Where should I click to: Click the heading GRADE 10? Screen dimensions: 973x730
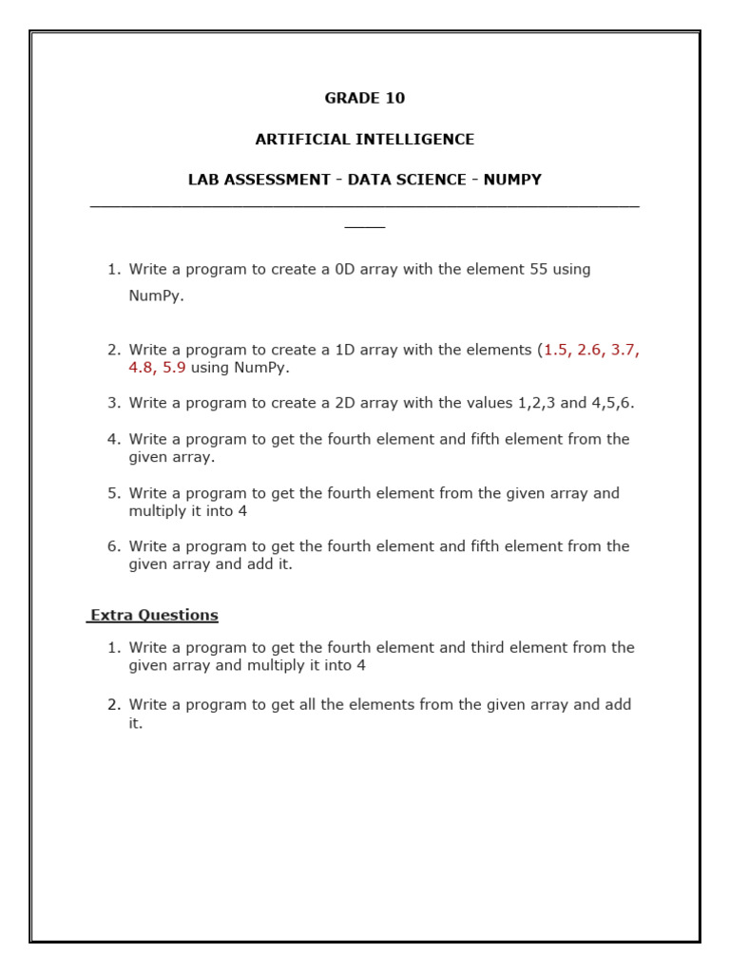coord(365,98)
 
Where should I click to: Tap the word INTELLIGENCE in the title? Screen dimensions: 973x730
coord(418,139)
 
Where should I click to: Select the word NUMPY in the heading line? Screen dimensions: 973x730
coord(512,180)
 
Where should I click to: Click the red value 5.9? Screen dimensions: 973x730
coord(174,368)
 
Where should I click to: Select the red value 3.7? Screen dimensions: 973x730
coord(624,350)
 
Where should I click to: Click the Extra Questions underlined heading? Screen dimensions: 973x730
coord(154,615)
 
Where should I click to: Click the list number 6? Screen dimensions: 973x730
coord(113,546)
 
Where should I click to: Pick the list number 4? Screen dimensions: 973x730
coord(113,439)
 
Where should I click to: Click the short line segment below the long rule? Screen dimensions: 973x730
coord(365,227)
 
